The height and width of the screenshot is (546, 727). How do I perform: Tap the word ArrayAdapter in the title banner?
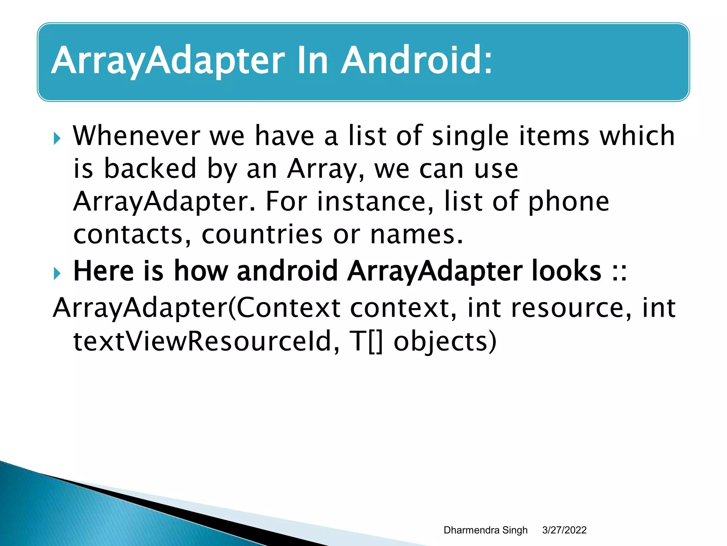coord(168,61)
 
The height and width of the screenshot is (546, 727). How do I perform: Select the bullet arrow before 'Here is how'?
coord(57,273)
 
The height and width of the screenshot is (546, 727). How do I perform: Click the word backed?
coord(150,168)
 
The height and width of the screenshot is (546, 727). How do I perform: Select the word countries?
coord(262,234)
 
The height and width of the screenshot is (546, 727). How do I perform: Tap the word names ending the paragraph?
coord(416,235)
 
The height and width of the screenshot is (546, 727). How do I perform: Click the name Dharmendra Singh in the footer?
coord(485,530)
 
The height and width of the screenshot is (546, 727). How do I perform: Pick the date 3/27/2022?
coord(564,530)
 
